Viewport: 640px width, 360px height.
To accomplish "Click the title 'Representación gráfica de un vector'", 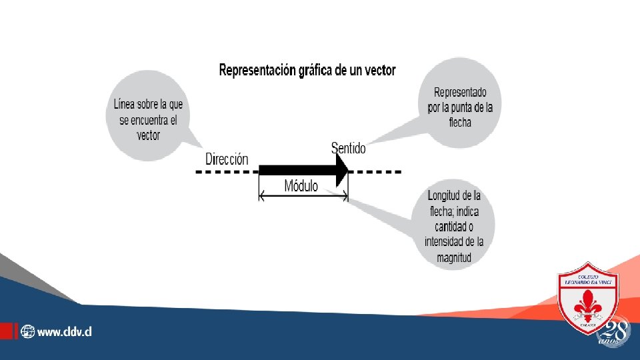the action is [307, 70].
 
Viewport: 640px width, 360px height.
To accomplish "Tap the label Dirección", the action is [227, 159].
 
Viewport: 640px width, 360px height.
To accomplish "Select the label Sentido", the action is [348, 148].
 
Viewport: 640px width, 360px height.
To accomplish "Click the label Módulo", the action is [301, 185].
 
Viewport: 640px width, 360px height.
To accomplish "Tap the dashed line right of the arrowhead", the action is [377, 171].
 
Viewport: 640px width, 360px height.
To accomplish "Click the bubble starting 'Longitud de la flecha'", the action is [455, 227].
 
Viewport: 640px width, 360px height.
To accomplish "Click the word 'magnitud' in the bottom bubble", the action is [455, 257].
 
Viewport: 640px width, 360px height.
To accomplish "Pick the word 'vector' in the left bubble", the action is [148, 135].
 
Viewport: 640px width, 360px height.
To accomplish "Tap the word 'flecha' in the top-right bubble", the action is [460, 122].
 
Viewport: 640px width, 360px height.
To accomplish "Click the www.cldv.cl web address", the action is [64, 331].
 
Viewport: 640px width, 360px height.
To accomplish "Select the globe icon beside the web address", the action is [27, 331].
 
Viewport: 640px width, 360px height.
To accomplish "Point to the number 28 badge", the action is [615, 331].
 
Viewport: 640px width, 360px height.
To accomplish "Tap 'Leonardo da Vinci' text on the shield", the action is [588, 282].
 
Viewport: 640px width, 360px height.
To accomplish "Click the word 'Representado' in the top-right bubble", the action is [460, 91].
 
